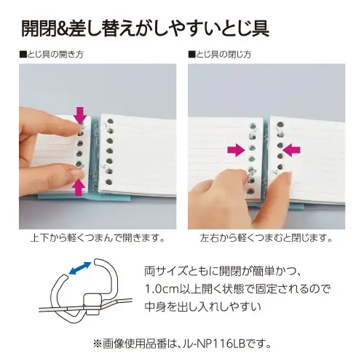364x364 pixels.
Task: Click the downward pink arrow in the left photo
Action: [x=81, y=115]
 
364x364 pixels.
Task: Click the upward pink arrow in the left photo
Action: [x=79, y=188]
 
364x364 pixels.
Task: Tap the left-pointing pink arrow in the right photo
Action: [x=291, y=150]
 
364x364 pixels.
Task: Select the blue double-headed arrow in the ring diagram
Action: [x=80, y=268]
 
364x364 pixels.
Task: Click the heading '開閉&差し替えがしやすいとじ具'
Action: [x=145, y=28]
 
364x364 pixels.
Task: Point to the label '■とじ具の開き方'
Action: [x=52, y=55]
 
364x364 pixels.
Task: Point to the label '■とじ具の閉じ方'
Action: [x=220, y=55]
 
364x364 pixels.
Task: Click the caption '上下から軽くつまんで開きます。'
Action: [x=98, y=238]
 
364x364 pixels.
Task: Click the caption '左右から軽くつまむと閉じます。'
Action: [x=266, y=238]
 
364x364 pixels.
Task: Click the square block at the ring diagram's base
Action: [x=92, y=304]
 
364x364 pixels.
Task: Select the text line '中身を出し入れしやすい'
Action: [x=202, y=306]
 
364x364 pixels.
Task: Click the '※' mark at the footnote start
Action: [x=98, y=344]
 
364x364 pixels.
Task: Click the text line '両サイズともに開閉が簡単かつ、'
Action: [x=223, y=271]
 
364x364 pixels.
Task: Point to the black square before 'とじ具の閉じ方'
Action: [x=191, y=55]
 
